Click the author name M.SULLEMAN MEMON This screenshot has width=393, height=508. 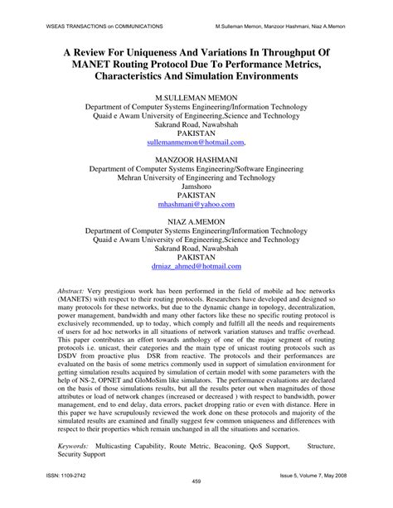[x=196, y=98]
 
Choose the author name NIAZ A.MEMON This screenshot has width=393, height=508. [x=196, y=220]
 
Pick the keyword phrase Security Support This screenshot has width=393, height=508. [x=83, y=455]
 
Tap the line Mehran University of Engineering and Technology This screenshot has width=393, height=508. [x=196, y=179]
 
